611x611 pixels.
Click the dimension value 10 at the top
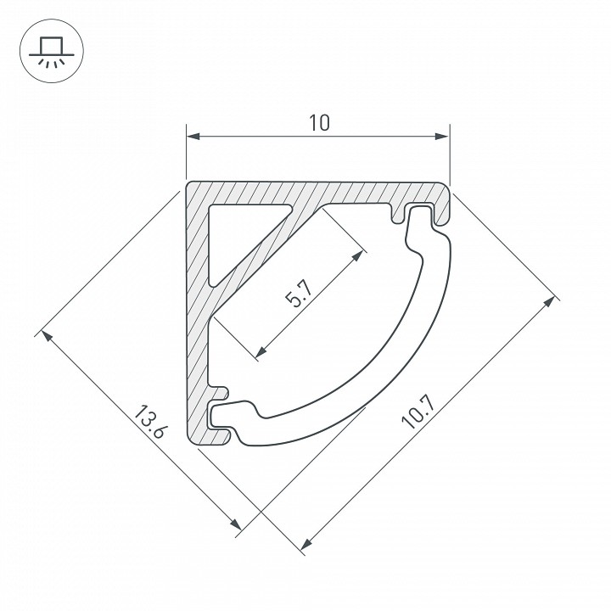319,123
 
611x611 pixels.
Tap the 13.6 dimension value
151,422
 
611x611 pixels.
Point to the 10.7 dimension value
418,410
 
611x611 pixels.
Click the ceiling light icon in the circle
52,51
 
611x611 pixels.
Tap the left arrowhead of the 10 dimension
193,137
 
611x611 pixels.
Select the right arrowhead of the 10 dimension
442,137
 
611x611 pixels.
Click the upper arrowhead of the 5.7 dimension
357,256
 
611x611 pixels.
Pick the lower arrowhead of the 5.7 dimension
261,351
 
